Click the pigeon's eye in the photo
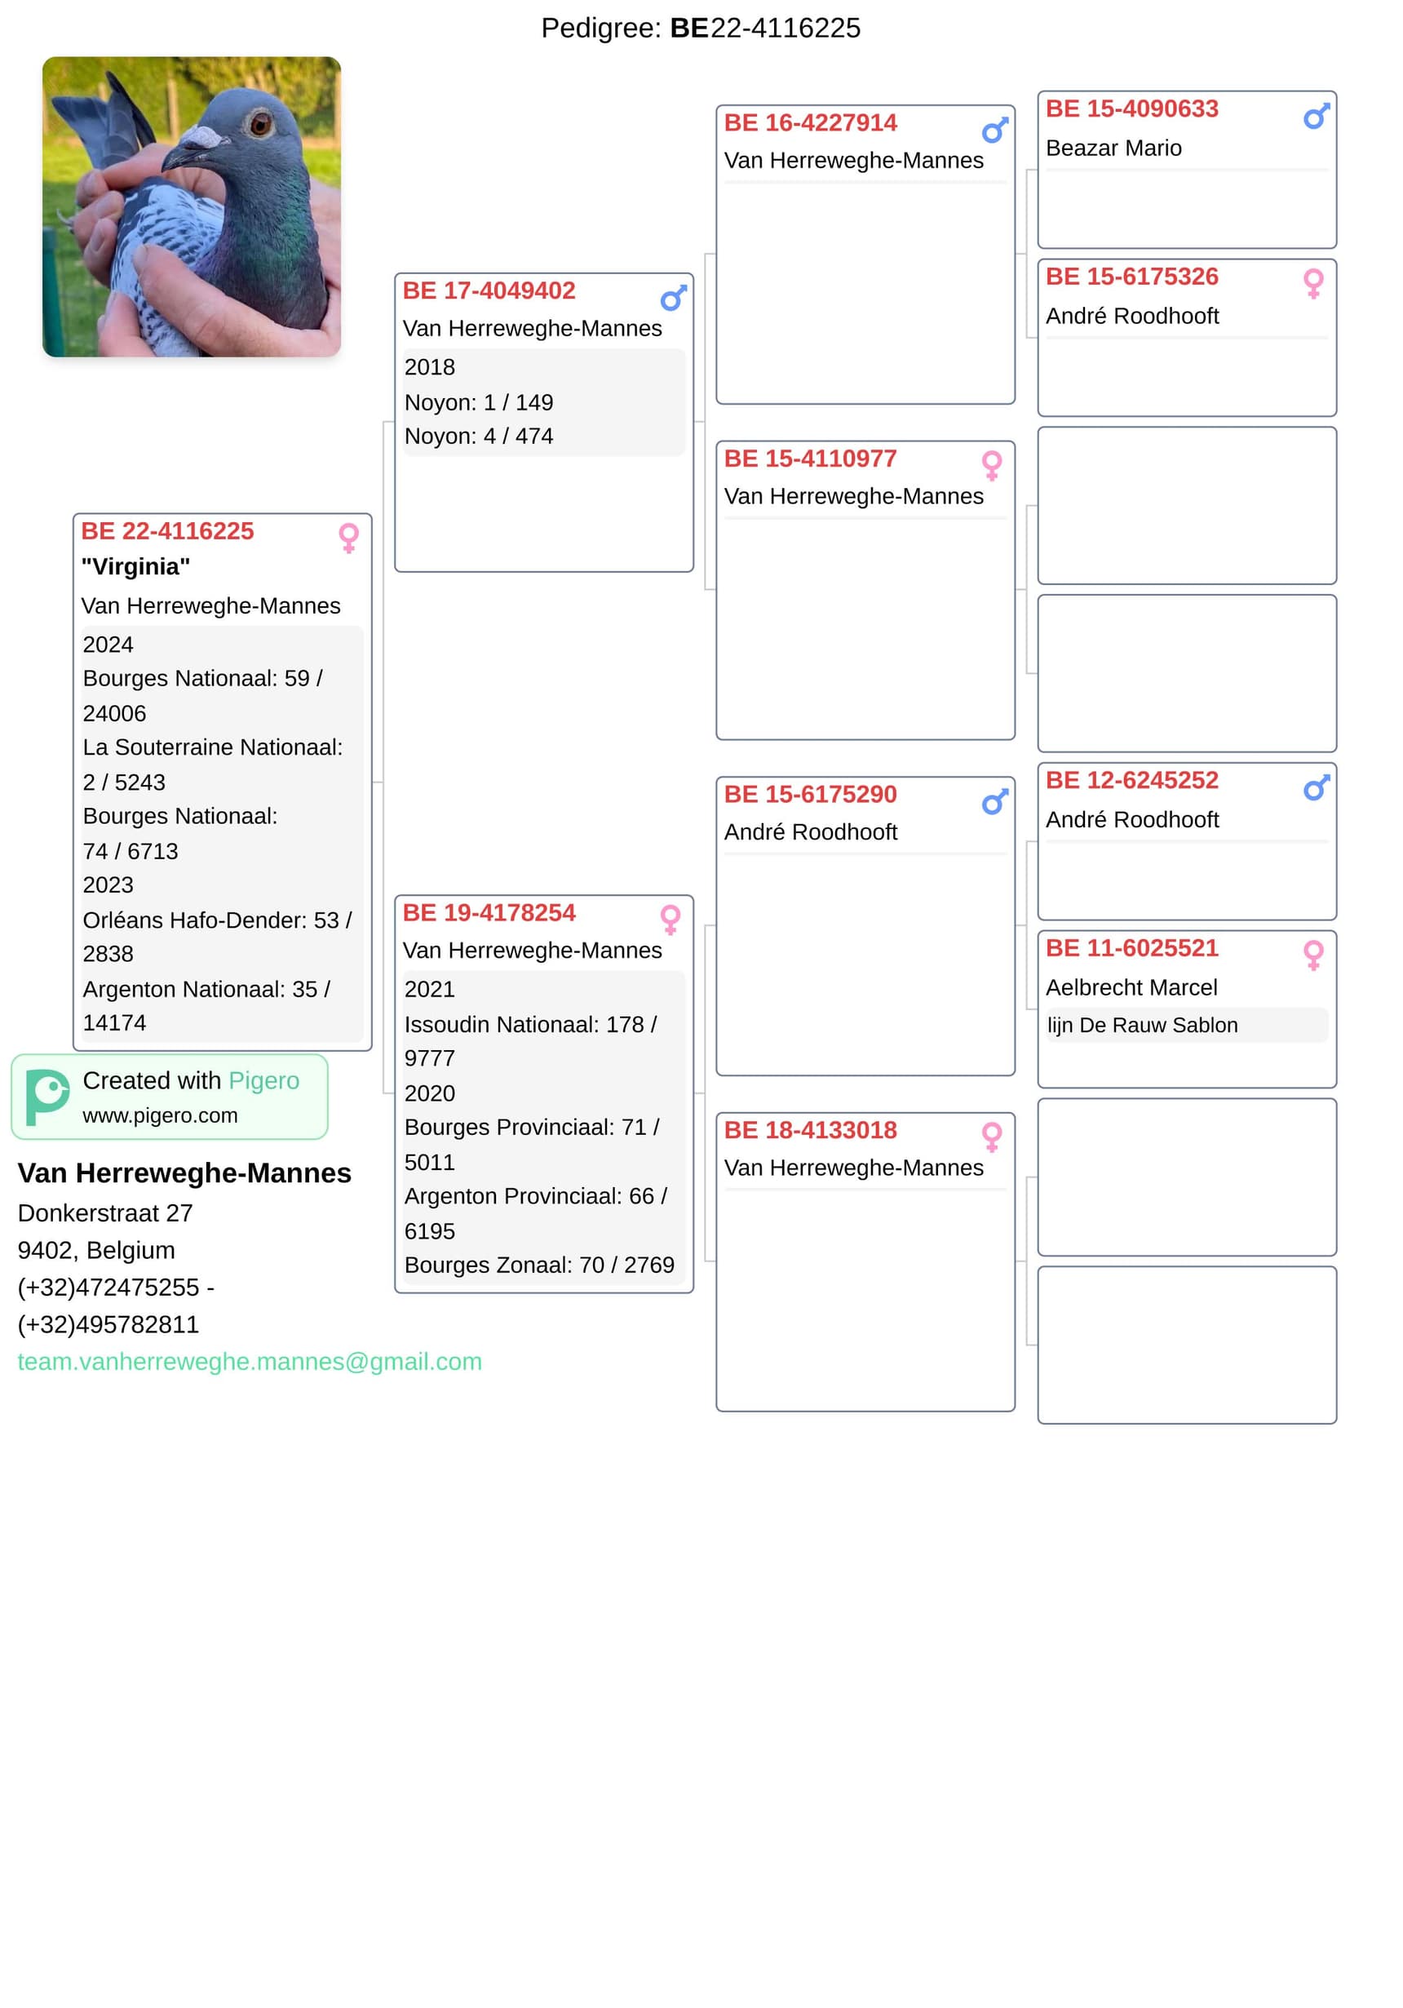259,123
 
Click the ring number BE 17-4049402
489,291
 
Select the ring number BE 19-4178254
489,913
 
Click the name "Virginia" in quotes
135,567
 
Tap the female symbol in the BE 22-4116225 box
349,538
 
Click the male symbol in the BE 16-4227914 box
994,131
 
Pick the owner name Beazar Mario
1113,148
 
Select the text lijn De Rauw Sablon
1142,1025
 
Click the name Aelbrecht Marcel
1131,987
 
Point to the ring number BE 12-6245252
1131,780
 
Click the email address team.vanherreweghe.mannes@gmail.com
250,1362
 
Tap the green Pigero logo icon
47,1097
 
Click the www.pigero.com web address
160,1116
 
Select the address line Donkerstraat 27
105,1213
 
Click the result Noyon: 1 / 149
478,402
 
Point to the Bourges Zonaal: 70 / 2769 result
538,1266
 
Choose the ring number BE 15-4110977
809,459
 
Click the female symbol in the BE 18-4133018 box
991,1137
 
